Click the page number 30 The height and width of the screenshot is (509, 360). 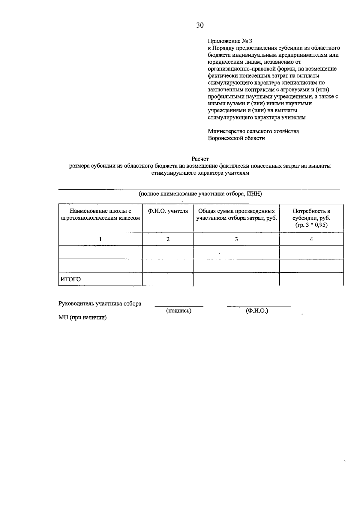[200, 26]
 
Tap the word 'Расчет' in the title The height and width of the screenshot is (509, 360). [200, 159]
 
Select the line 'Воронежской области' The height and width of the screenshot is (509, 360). [236, 138]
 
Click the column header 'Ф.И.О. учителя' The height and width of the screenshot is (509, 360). [168, 211]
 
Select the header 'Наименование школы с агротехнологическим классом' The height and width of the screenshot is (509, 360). [100, 215]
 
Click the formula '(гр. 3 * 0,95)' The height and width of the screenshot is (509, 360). [311, 225]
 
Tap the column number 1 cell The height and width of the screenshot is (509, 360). [100, 239]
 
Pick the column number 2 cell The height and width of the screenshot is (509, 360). [168, 239]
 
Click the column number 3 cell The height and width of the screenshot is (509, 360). [236, 239]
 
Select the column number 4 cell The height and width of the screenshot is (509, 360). [311, 239]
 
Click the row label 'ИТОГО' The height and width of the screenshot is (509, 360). [71, 279]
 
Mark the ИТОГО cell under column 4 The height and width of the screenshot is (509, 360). [311, 279]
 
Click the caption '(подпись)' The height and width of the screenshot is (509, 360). [179, 311]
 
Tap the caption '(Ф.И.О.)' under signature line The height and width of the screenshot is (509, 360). [257, 311]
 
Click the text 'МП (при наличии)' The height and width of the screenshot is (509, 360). [82, 318]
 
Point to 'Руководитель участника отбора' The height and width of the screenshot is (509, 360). [100, 304]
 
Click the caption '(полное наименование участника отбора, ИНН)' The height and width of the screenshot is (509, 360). [200, 194]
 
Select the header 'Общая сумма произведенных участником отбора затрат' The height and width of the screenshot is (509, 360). [236, 215]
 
